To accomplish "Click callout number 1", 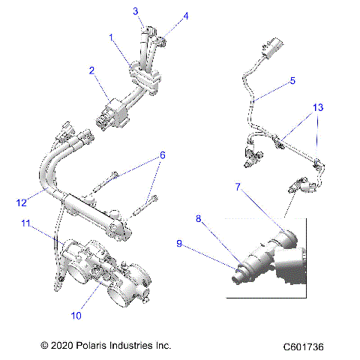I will (111, 37).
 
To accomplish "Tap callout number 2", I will (91, 71).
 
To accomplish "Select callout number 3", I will (136, 10).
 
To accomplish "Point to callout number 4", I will (186, 15).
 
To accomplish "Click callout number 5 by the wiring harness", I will (292, 79).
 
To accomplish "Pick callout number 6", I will (160, 155).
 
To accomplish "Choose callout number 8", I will (199, 219).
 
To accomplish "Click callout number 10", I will (76, 316).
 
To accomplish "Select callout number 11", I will (25, 223).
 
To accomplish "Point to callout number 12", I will (22, 201).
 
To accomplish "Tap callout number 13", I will (319, 107).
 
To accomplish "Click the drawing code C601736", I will (304, 347).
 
